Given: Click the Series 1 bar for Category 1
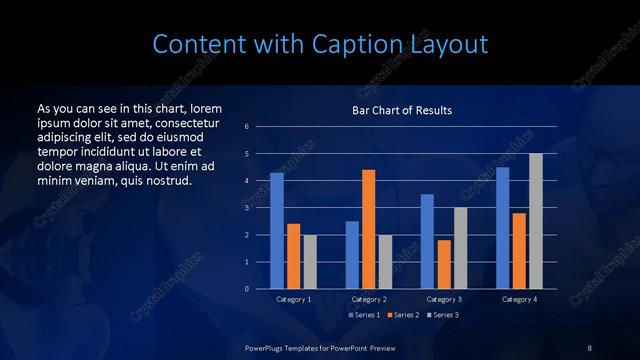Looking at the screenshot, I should click(x=277, y=231).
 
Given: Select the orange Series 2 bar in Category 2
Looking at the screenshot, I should click(x=368, y=229).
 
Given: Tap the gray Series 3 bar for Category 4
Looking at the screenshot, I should click(x=536, y=221).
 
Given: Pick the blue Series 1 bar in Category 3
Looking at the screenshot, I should click(x=427, y=241).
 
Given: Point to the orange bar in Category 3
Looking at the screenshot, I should click(x=444, y=264).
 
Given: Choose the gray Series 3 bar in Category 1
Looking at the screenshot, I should click(x=310, y=262).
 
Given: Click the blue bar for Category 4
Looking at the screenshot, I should click(x=503, y=228).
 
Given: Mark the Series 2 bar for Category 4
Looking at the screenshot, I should click(x=519, y=251).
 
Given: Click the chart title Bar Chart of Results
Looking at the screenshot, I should click(x=401, y=110).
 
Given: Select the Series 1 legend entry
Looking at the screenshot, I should click(x=364, y=315).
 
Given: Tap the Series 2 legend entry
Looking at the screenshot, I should click(x=402, y=315).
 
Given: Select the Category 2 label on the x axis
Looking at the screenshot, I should click(x=368, y=299).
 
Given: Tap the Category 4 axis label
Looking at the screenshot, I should click(x=519, y=299).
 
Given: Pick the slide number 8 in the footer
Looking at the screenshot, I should click(x=590, y=347).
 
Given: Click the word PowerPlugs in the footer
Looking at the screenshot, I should click(x=267, y=347).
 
